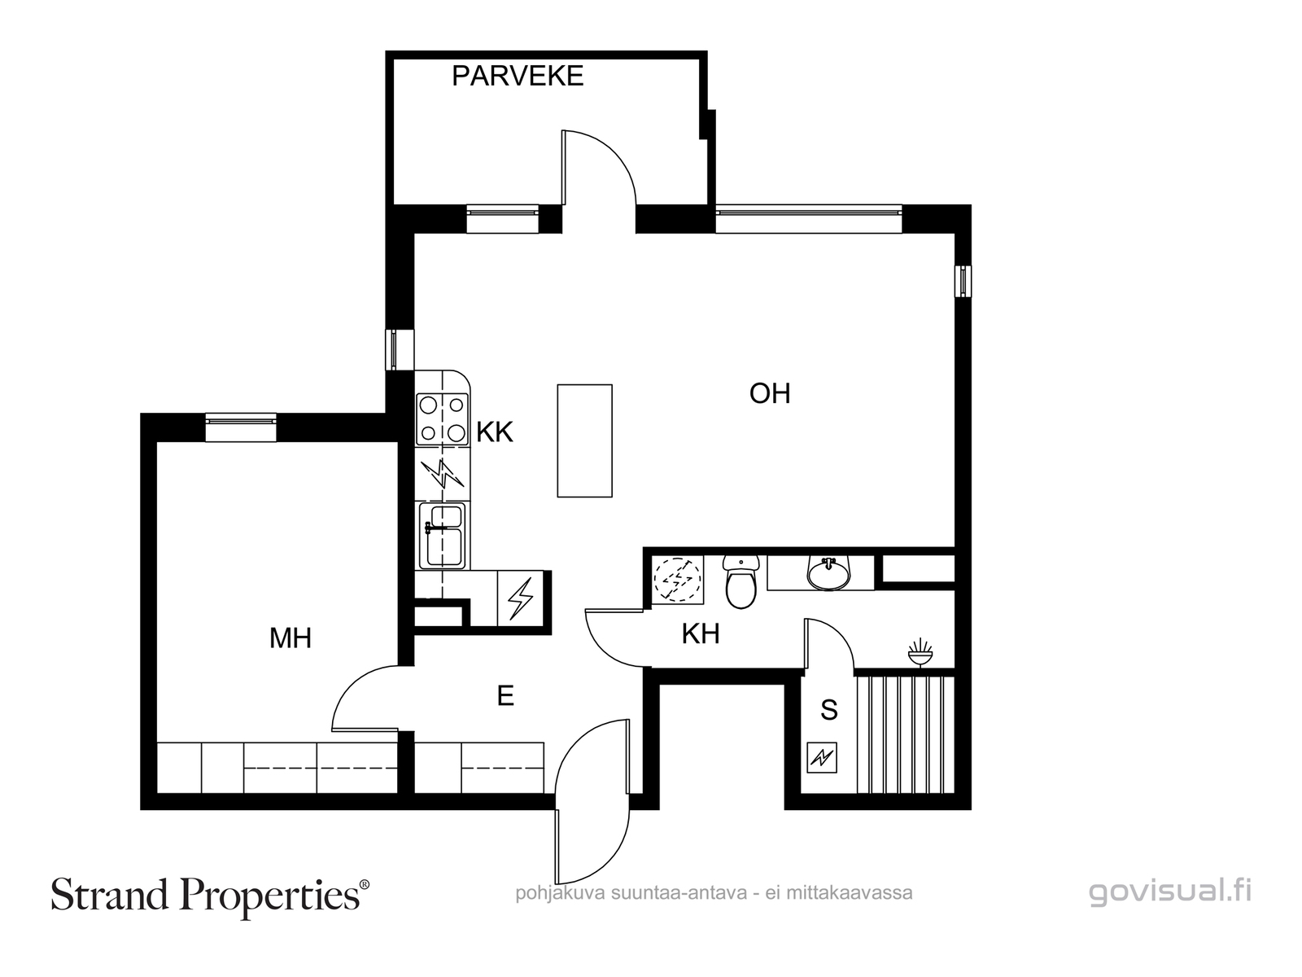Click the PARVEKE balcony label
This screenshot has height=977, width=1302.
[x=518, y=77]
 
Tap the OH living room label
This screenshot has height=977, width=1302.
[x=770, y=393]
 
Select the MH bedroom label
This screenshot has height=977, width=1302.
[x=291, y=638]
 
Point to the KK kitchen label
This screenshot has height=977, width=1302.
[x=495, y=432]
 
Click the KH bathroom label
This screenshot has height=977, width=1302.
[x=701, y=633]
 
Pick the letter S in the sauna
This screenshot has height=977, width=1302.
[x=828, y=710]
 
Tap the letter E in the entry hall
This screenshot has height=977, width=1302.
[x=505, y=696]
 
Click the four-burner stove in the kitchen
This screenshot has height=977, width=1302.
[x=442, y=419]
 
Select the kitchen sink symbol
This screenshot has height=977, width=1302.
[x=442, y=536]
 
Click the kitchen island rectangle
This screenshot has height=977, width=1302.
[x=585, y=440]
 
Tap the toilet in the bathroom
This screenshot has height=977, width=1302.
[x=741, y=582]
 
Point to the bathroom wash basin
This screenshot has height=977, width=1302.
[x=828, y=573]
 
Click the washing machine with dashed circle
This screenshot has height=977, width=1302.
[x=677, y=581]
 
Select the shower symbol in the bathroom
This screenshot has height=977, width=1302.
[x=920, y=652]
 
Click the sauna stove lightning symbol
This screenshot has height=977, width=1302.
[x=822, y=757]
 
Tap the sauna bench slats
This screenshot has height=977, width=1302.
[x=906, y=734]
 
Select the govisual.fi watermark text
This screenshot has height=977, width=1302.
[x=1170, y=892]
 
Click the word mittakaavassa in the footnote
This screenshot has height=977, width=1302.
[x=850, y=893]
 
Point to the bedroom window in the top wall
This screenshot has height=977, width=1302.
[x=241, y=427]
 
